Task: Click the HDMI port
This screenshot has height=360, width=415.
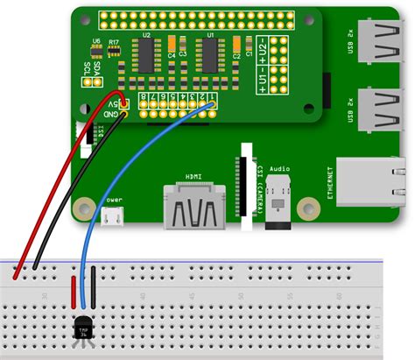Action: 193,210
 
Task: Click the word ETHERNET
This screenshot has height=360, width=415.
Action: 330,184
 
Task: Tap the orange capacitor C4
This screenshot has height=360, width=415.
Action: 172,44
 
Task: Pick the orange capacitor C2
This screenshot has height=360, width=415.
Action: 236,44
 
